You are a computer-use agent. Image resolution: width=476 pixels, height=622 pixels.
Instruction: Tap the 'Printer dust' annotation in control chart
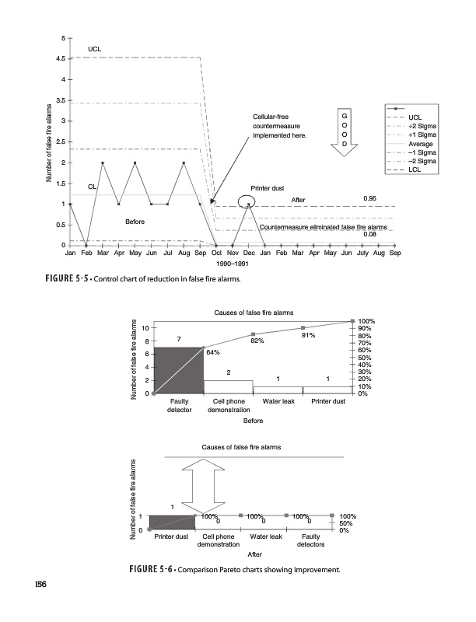(x=267, y=188)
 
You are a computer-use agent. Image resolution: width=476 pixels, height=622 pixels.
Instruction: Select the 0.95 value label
(x=370, y=198)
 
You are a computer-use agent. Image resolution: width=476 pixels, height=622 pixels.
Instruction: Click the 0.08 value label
(x=370, y=234)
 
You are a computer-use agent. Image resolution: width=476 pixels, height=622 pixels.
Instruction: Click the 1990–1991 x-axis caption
(x=233, y=264)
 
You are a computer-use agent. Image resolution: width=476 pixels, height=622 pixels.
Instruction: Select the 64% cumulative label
(x=212, y=352)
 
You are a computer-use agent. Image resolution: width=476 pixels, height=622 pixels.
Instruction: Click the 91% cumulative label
(x=308, y=335)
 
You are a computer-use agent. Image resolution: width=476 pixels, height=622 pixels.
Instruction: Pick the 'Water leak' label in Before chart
(x=278, y=401)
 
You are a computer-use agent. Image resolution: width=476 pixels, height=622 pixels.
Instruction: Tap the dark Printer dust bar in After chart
(x=171, y=522)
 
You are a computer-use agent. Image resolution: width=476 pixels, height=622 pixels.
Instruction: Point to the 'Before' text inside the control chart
(x=135, y=222)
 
